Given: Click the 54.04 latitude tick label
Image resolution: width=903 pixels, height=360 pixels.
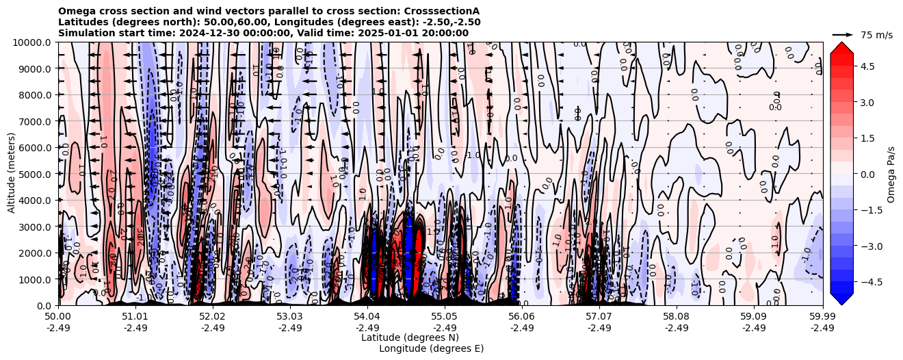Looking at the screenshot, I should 367,318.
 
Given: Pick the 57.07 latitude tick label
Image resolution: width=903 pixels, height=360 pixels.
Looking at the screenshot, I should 599,318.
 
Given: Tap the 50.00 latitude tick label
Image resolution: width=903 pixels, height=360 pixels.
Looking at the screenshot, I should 58,318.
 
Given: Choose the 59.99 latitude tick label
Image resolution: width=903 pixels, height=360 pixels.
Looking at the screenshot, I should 822,318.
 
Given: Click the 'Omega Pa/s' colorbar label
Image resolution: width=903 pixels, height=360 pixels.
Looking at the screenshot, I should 891,174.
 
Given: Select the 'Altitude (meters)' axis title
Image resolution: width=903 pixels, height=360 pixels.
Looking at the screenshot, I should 12,174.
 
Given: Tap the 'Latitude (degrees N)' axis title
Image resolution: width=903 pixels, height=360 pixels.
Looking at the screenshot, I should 410,337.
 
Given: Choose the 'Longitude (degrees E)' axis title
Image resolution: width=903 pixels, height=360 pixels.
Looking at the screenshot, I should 431,348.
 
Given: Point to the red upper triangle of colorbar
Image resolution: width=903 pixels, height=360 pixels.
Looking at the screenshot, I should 841,48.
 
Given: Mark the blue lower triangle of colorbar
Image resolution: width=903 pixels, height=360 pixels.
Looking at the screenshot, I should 841,298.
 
